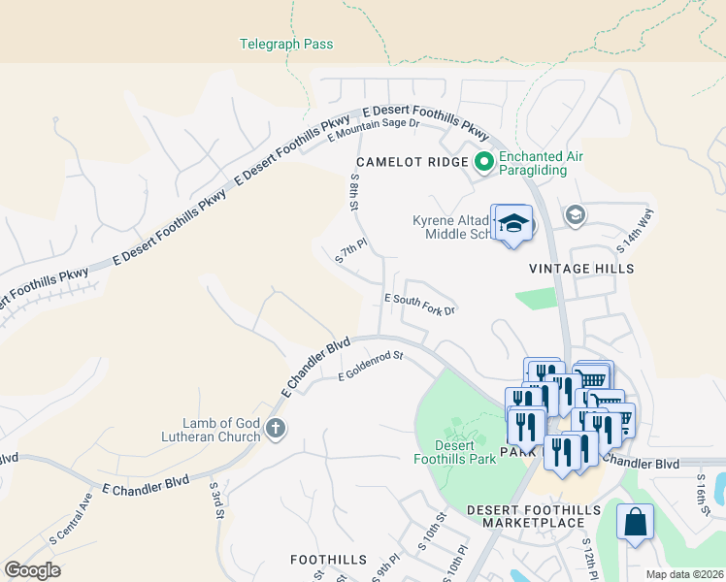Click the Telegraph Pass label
(x=286, y=44)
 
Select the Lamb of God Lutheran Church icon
(x=276, y=429)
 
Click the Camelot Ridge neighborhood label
(x=412, y=162)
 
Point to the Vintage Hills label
(x=581, y=269)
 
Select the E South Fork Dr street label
(x=420, y=305)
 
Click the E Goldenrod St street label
(x=370, y=367)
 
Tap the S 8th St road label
(x=354, y=193)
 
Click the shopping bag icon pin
(x=635, y=523)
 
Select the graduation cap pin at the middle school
(x=512, y=225)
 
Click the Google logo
(x=32, y=569)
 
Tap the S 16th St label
(x=702, y=494)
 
